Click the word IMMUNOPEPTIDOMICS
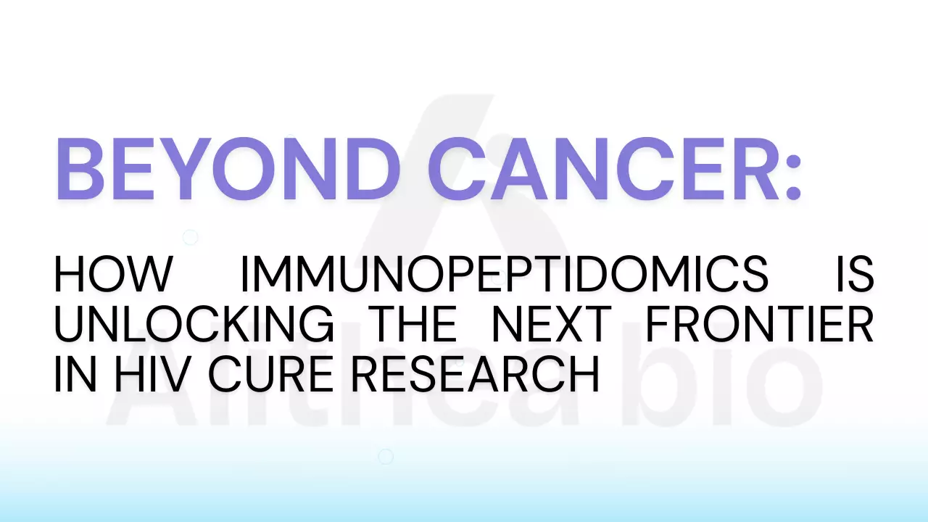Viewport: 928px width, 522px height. tap(504, 273)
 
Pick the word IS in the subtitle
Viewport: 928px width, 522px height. tap(855, 273)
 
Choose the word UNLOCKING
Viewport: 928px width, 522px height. tap(194, 323)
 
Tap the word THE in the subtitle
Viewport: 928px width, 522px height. tap(413, 323)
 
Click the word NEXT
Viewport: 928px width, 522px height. tap(551, 323)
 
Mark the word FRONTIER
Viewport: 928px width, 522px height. tap(759, 323)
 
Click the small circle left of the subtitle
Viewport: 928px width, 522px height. tap(190, 237)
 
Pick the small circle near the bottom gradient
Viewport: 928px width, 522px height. tap(386, 456)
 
